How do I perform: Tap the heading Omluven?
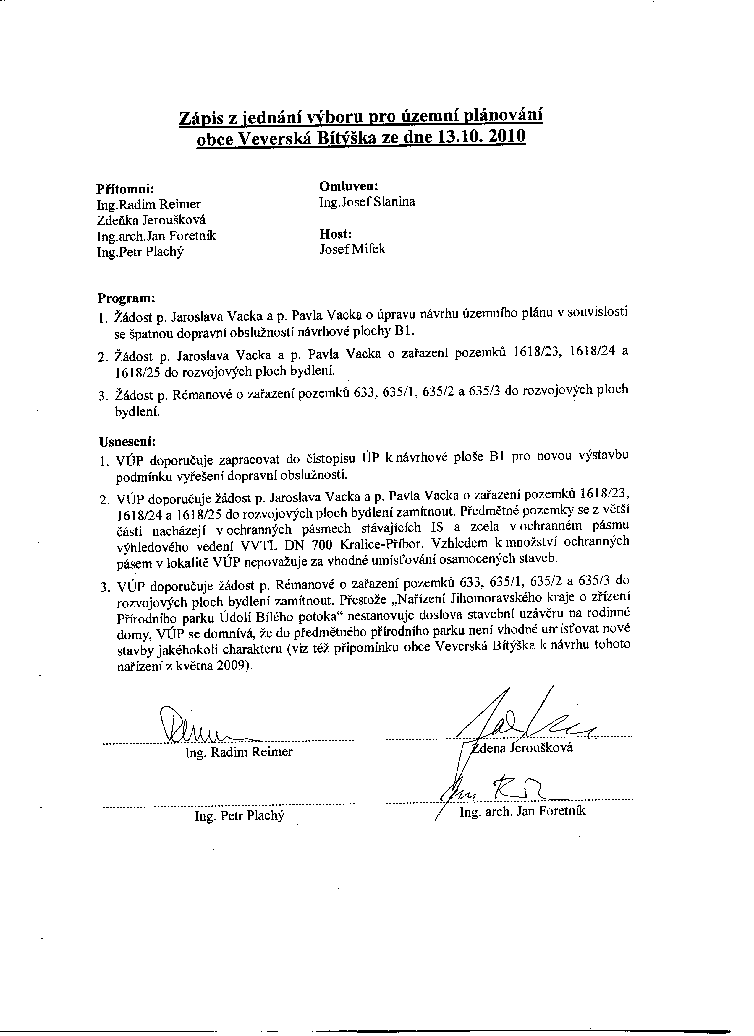coord(348,186)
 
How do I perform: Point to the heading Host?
coord(335,234)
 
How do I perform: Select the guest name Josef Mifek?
coord(352,250)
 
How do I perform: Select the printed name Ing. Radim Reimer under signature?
coord(239,752)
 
